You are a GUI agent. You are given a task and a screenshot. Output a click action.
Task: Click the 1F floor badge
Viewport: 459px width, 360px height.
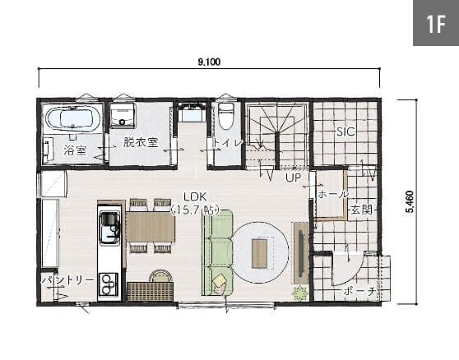coord(436,23)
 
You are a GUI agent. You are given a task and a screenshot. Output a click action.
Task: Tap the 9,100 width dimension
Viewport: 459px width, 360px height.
coord(209,62)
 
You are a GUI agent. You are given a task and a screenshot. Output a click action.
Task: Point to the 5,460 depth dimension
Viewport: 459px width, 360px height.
coord(410,201)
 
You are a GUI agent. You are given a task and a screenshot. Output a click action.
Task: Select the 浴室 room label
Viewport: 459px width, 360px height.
coord(75,150)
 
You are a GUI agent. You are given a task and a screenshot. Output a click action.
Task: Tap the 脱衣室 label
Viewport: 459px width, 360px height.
coord(141,142)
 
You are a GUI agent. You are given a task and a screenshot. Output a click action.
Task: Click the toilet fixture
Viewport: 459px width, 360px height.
coord(225,116)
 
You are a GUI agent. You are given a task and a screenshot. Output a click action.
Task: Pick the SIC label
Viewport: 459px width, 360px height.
coord(345,132)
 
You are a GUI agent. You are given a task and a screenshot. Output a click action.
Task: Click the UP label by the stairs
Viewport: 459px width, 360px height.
coord(293,178)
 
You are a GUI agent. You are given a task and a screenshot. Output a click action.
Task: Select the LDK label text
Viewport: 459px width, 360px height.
coord(195,196)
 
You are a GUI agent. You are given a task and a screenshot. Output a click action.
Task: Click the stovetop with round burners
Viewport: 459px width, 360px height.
coord(109,284)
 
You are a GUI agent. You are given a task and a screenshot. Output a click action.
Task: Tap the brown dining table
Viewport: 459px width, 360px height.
coord(151,227)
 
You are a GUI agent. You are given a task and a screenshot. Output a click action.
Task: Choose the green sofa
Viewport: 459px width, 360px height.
coord(218,252)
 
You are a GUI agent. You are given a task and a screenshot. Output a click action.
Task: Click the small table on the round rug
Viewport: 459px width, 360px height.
coord(259,253)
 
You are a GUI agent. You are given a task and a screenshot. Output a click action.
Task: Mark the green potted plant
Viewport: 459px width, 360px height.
coord(300,293)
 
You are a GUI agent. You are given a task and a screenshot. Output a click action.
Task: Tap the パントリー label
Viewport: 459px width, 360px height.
coord(68,280)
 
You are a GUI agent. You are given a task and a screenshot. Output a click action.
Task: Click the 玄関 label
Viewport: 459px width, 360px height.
coord(362,210)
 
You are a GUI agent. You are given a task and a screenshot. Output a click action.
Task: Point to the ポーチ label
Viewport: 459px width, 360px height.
coord(359,291)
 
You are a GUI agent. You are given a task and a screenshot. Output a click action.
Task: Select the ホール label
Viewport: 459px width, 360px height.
coord(333,194)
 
